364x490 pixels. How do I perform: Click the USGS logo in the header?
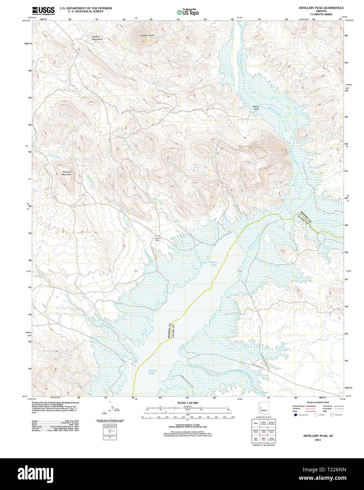43,11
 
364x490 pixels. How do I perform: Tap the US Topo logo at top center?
188,12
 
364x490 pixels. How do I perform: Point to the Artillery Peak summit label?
147,36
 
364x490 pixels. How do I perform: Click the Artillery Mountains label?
97,38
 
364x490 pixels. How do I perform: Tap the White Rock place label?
256,108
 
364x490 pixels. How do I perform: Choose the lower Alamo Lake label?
152,372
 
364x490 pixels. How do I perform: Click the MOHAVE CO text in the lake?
169,331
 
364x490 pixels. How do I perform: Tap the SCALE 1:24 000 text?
188,403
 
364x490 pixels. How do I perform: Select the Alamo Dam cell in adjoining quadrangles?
263,440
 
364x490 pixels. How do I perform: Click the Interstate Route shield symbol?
295,415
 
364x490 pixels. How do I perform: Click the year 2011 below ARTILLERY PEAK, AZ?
318,440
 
